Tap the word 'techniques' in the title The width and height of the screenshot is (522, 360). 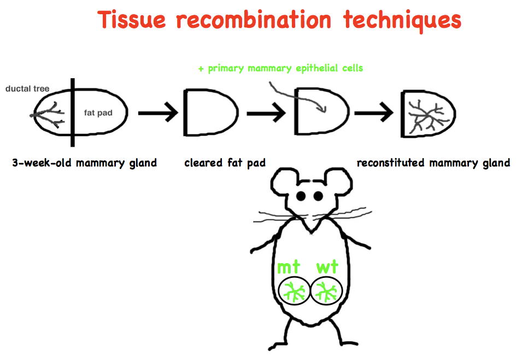402,20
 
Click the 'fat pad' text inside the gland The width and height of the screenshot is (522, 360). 98,113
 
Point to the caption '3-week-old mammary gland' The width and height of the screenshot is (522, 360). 84,162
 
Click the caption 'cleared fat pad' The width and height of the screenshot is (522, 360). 225,162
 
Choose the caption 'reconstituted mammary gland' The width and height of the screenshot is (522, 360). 433,162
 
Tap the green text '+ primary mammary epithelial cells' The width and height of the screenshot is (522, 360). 280,68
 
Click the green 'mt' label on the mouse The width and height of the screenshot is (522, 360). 289,267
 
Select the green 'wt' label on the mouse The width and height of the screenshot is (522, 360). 327,267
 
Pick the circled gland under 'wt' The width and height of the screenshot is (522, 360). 326,291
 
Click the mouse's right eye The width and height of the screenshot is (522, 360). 316,195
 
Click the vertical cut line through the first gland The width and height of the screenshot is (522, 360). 73,113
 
